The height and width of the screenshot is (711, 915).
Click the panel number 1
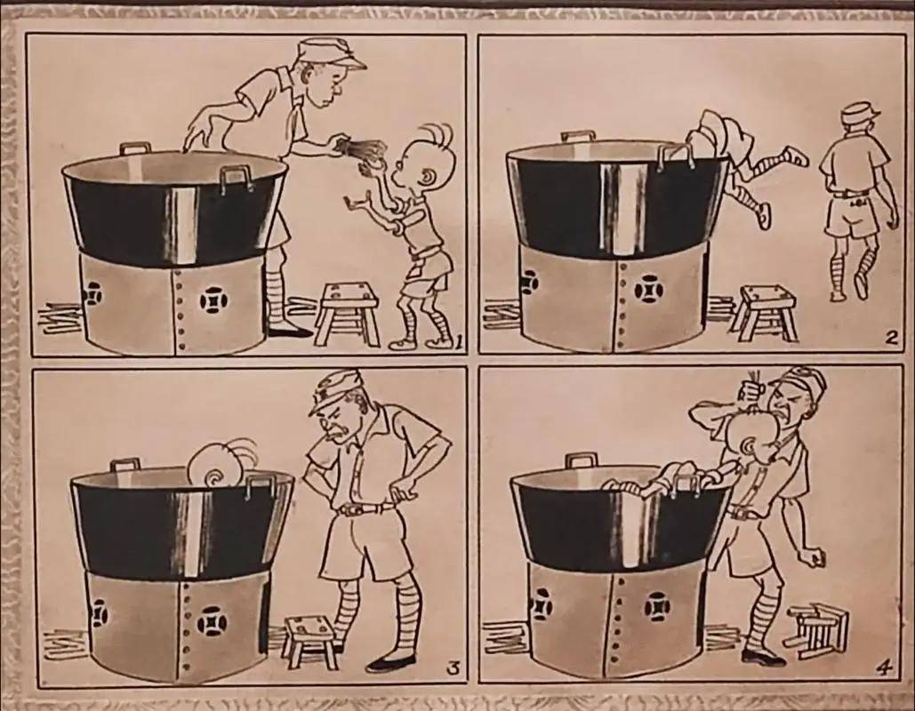click(459, 342)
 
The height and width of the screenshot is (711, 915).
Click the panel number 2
click(890, 339)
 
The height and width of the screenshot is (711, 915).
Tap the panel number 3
click(452, 670)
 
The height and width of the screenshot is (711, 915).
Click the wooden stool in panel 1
click(347, 314)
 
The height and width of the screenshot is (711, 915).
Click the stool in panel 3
click(311, 642)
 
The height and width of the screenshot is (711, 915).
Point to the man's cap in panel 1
click(327, 53)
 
